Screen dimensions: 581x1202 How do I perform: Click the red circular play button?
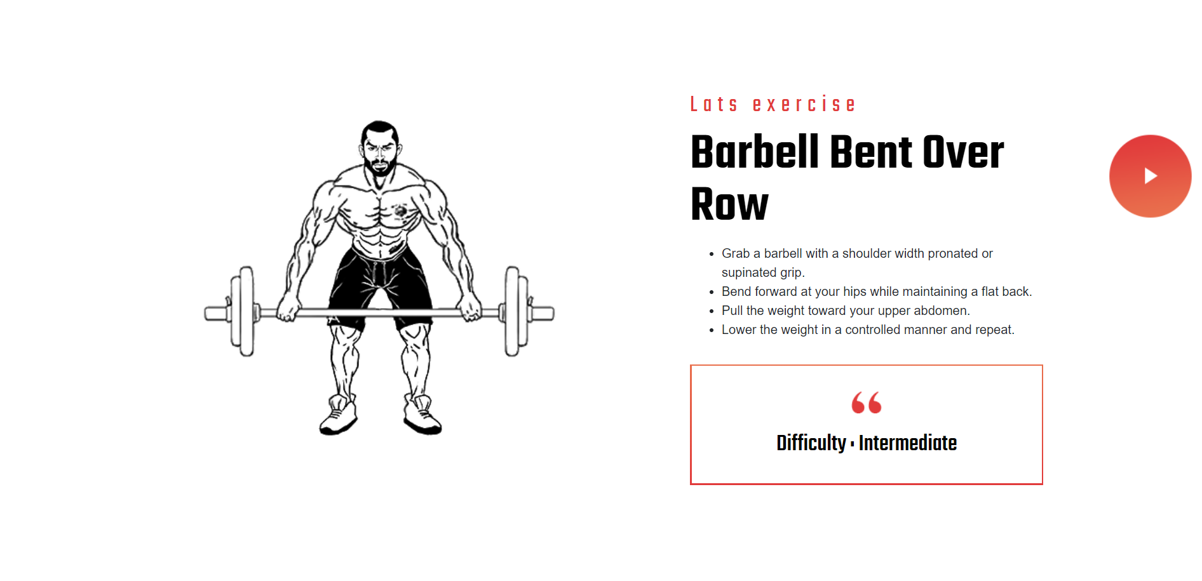coord(1150,176)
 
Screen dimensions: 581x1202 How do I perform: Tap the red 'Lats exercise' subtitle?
coord(773,104)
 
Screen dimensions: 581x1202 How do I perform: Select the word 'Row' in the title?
coord(729,204)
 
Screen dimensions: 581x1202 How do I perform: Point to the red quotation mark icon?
coord(866,403)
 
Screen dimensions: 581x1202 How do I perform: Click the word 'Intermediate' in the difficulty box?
coord(907,443)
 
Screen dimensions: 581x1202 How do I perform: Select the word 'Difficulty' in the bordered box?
coord(811,443)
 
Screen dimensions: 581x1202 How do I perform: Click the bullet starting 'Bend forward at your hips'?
coord(876,291)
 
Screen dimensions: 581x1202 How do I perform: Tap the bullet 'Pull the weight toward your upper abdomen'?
coord(845,311)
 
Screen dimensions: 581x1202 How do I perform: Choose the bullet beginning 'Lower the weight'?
coord(868,330)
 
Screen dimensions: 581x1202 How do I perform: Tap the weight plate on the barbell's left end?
coord(243,311)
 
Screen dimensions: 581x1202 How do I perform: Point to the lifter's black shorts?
coord(380,286)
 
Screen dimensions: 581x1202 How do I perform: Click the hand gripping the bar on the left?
coord(289,308)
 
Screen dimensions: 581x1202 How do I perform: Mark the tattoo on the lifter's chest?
coord(400,210)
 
